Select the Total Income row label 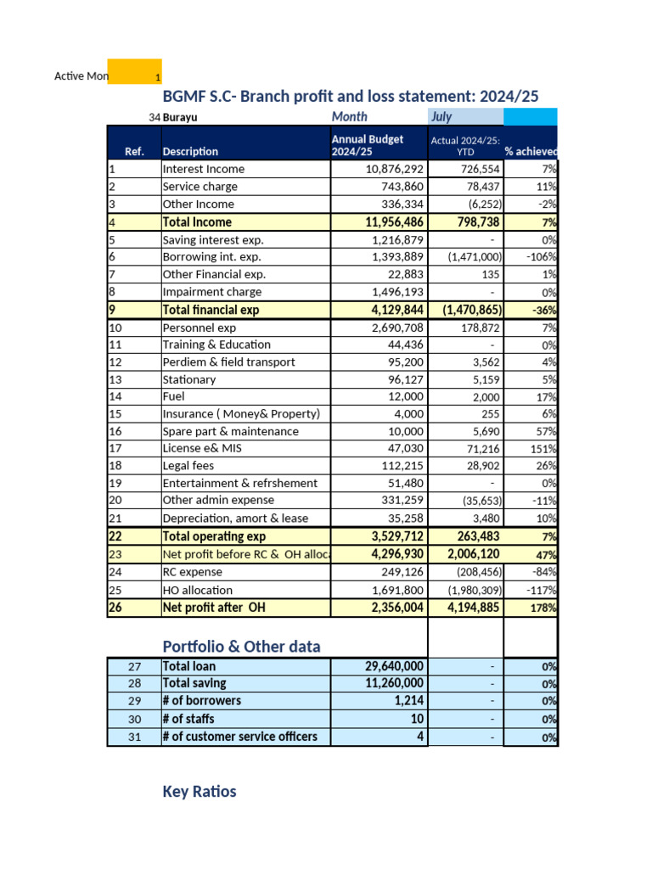tap(196, 221)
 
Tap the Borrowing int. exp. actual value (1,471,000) tap(470, 256)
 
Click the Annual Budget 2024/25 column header tap(367, 145)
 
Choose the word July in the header tap(441, 117)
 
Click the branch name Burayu tap(180, 118)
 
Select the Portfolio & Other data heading tap(241, 647)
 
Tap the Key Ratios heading tap(199, 792)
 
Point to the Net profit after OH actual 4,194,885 tap(469, 608)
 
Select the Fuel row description tap(173, 396)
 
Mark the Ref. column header tap(134, 151)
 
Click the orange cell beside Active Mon tap(135, 72)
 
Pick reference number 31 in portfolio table tap(134, 737)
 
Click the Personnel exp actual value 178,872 tap(477, 328)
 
